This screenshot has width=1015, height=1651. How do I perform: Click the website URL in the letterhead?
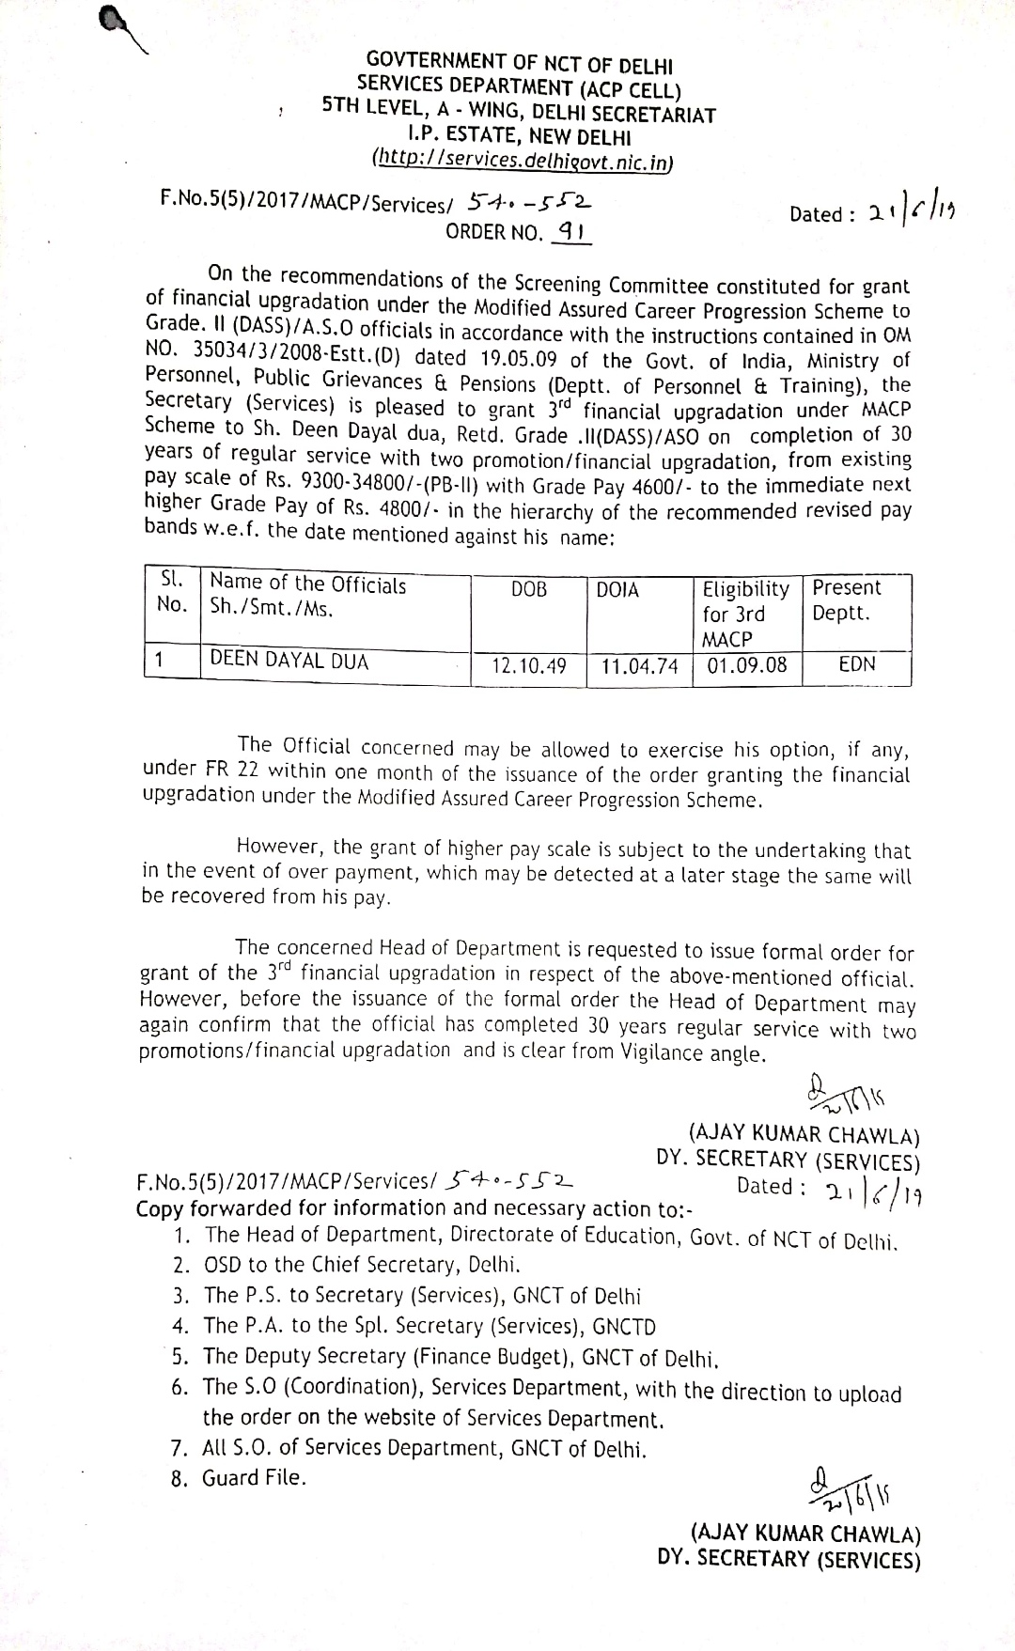tap(523, 160)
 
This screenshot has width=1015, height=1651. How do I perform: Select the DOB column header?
tap(528, 589)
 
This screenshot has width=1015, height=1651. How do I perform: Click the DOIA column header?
tap(617, 590)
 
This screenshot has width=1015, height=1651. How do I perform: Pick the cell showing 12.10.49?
tap(529, 666)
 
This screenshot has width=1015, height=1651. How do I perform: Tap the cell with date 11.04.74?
tap(640, 666)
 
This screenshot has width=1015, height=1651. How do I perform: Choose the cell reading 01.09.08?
tap(747, 666)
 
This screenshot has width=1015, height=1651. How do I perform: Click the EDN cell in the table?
tap(856, 664)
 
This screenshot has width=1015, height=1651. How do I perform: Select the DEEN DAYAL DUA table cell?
tap(289, 661)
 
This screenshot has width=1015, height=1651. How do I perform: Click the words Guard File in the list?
tap(255, 1478)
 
